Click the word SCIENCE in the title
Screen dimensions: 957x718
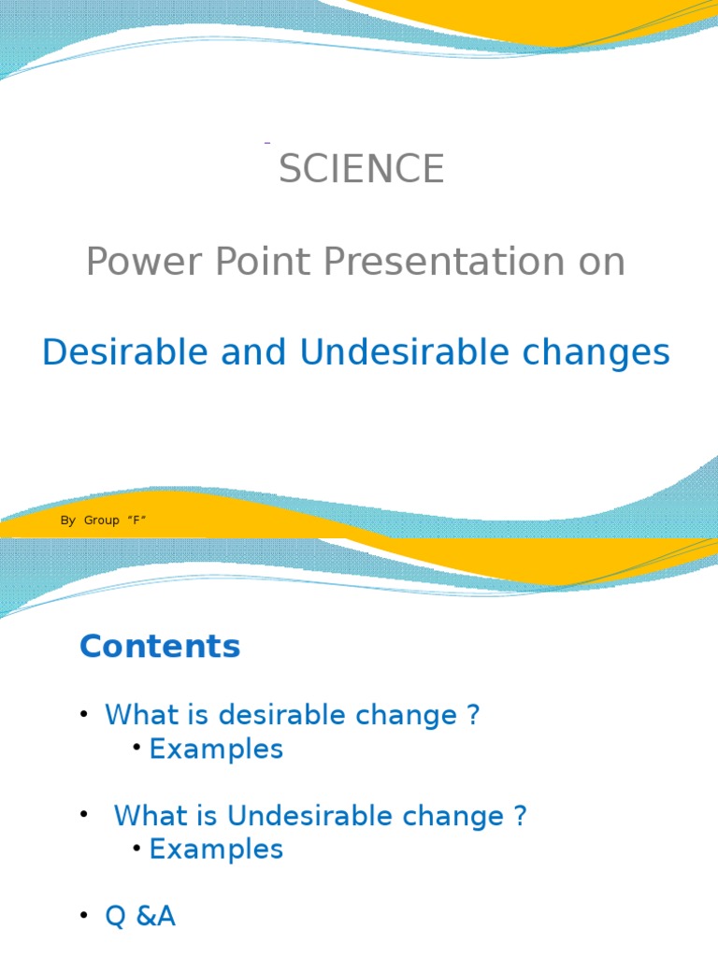(361, 169)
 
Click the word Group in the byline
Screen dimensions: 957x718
(101, 521)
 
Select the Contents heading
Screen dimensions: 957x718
(160, 646)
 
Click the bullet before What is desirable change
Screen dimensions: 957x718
(84, 715)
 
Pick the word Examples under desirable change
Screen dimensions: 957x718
(216, 749)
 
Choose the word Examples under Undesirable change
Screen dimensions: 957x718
(216, 849)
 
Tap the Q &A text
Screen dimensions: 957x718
(140, 917)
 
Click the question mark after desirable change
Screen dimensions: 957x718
(472, 715)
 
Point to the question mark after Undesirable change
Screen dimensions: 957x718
(520, 816)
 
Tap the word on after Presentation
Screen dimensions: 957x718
(601, 263)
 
